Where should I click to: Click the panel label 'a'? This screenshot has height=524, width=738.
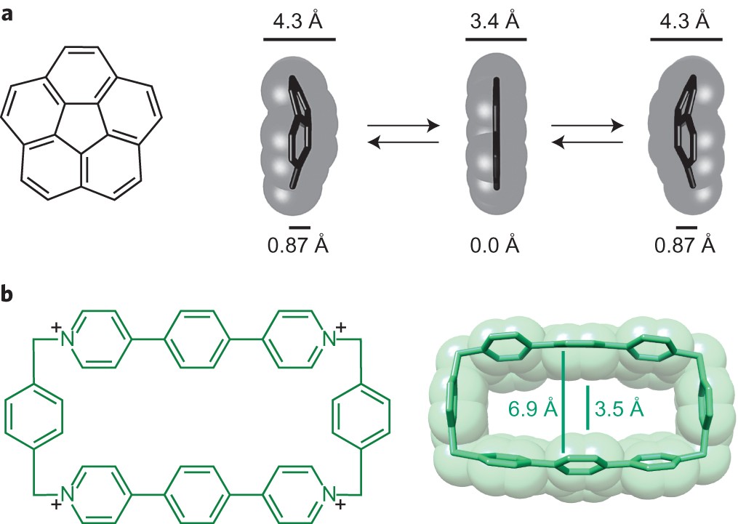[x=8, y=12]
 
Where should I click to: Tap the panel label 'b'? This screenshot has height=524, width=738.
[x=8, y=296]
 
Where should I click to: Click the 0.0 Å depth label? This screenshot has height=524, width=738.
[x=497, y=244]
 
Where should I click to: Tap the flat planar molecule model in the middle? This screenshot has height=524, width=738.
[x=497, y=134]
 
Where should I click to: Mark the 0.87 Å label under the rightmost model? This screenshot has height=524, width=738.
[x=685, y=245]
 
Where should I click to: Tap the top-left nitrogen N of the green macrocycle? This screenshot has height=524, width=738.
[x=67, y=337]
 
